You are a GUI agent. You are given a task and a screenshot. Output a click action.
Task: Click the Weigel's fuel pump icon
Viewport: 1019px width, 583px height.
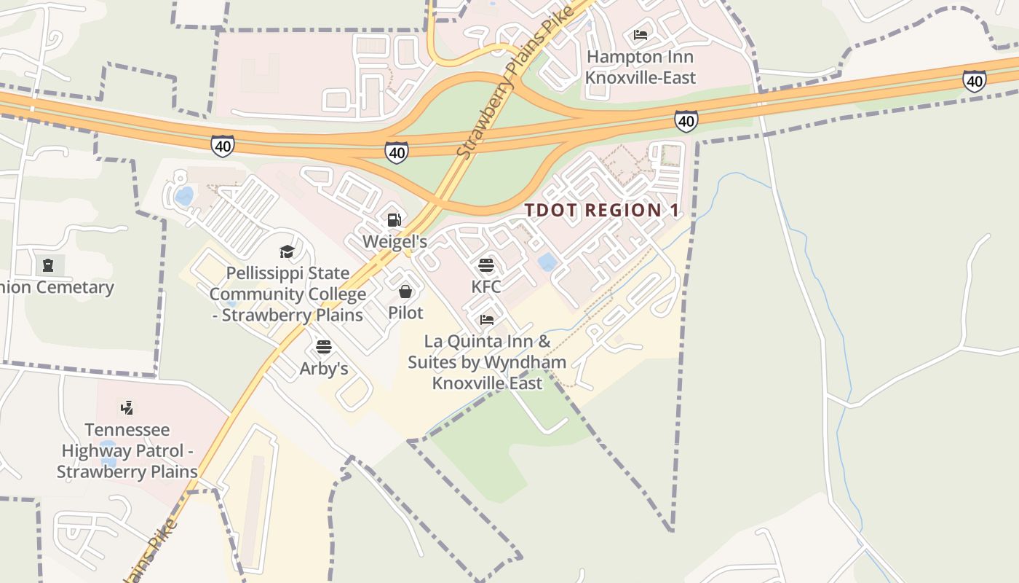point(394,220)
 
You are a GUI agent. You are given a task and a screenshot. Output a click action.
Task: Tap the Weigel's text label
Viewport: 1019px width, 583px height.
point(394,241)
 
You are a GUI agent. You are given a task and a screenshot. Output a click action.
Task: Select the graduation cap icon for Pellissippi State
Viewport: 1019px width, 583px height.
point(287,252)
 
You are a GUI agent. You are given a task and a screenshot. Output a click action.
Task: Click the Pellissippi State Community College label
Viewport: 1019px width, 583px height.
point(288,294)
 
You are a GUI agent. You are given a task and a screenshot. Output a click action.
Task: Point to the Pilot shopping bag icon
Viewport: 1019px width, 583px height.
point(405,291)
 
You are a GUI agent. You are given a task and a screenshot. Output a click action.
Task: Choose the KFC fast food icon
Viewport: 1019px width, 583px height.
point(486,265)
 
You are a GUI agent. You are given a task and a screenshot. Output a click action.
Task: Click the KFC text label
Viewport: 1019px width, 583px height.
point(486,286)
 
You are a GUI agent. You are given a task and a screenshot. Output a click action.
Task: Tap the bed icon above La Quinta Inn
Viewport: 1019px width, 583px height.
point(487,320)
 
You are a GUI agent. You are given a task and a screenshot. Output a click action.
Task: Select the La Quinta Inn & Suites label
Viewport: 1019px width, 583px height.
point(487,362)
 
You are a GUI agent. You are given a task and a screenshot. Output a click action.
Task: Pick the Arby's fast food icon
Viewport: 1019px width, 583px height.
point(324,346)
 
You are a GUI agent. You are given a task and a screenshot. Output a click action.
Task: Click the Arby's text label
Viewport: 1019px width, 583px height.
point(324,369)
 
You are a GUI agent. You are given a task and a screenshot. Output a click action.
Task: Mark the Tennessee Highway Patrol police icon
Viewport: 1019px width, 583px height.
point(127,407)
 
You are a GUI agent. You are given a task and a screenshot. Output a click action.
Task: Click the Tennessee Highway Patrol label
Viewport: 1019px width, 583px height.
point(127,450)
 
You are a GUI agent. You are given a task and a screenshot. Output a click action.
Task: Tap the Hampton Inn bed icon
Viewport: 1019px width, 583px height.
point(641,35)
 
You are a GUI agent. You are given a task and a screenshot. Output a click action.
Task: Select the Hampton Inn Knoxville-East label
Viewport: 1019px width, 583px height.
point(641,67)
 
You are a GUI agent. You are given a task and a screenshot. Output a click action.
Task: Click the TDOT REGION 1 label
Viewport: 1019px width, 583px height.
point(602,211)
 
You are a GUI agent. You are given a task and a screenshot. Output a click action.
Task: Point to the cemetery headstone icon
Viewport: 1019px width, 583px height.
point(48,265)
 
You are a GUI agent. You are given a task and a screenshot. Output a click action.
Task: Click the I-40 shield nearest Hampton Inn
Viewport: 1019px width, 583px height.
point(686,121)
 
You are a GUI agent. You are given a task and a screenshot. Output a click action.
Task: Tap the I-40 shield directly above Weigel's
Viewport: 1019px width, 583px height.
point(397,152)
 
